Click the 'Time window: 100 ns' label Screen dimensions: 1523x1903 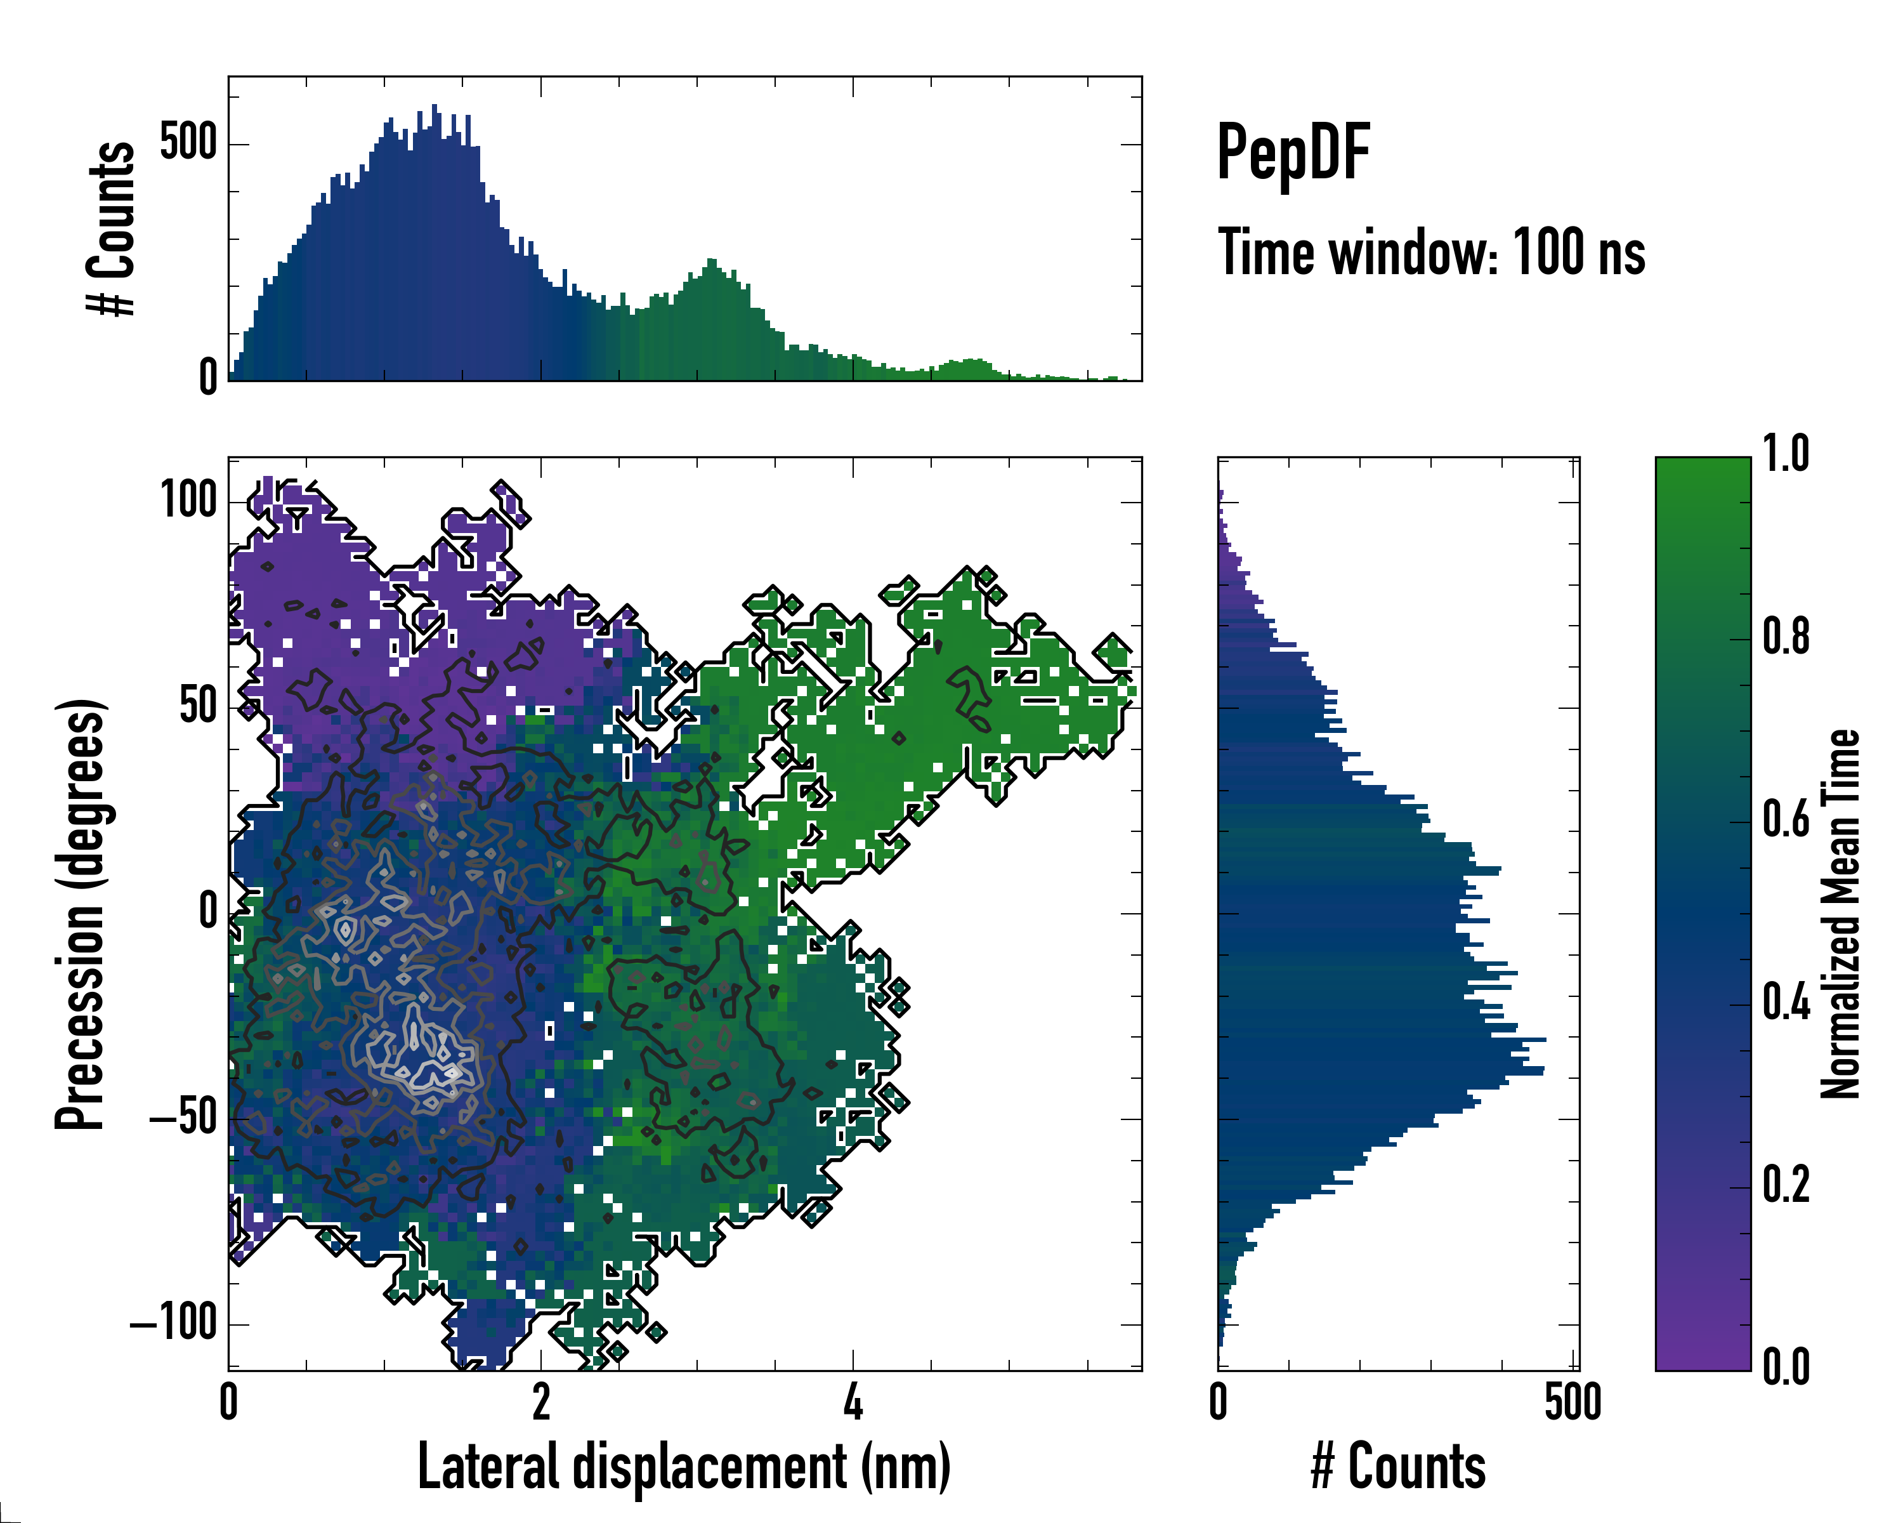(1431, 253)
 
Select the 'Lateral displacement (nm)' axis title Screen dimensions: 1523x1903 (683, 1467)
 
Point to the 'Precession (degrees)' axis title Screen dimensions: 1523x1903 (81, 914)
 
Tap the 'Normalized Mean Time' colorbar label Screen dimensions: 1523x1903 (1840, 914)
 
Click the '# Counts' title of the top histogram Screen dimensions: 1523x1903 (111, 228)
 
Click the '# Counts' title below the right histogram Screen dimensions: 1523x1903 (1397, 1467)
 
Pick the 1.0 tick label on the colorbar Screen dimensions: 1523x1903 (1786, 455)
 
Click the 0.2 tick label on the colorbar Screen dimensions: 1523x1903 (1786, 1185)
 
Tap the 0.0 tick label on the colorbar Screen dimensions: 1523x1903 (1786, 1367)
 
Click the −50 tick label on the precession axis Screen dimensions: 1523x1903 (183, 1119)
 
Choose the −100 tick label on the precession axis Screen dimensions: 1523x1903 (173, 1324)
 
